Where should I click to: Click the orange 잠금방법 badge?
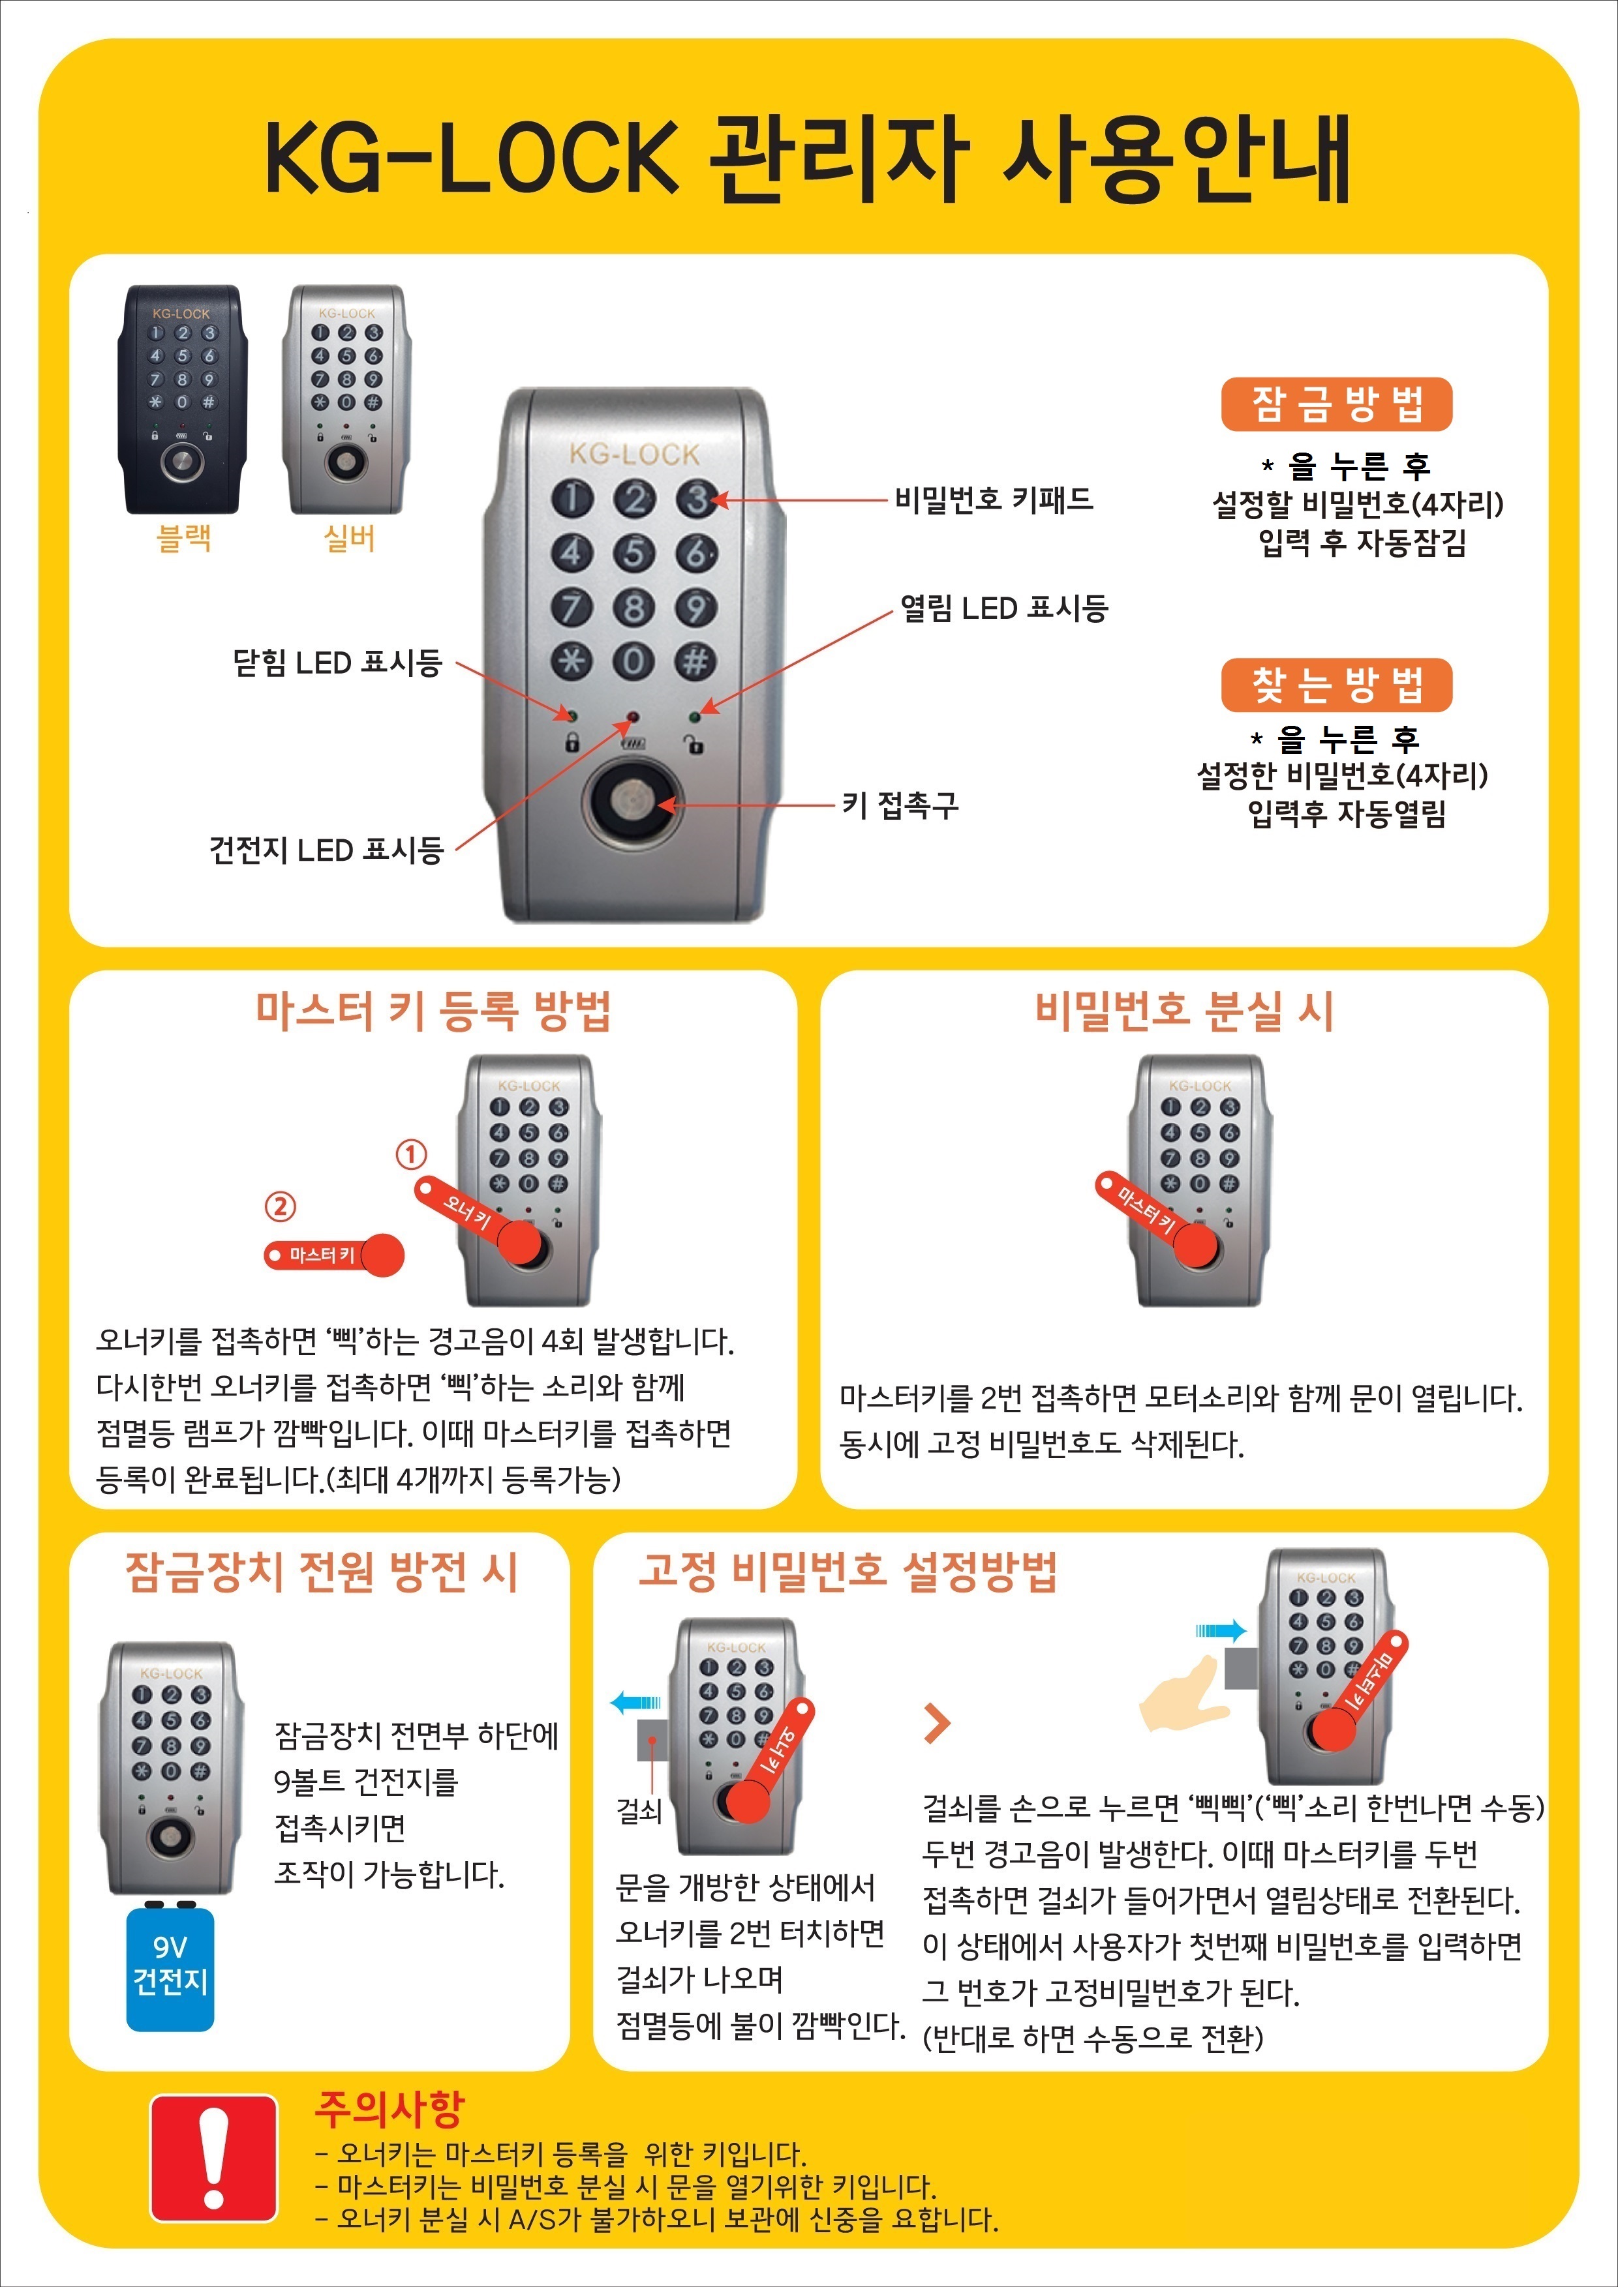point(1336,404)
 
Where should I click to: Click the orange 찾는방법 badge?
point(1336,685)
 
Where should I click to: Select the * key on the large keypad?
point(572,661)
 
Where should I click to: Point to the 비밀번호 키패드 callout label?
point(994,498)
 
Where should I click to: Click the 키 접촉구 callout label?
point(900,805)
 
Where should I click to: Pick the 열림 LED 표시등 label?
point(1004,608)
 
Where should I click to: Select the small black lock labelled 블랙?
point(182,400)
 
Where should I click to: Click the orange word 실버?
point(348,539)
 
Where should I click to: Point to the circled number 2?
point(280,1206)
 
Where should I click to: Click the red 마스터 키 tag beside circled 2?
point(334,1255)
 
